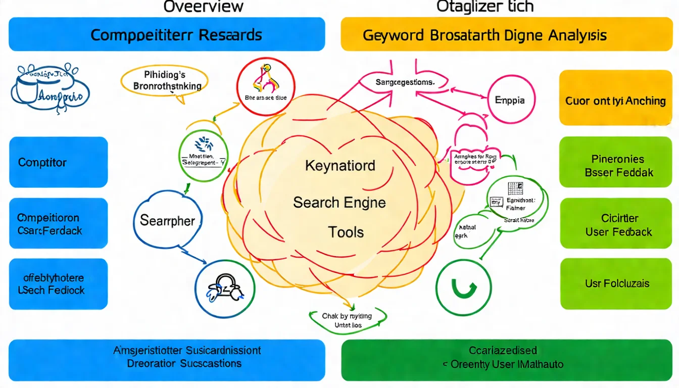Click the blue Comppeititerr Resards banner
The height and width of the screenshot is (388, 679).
pyautogui.click(x=167, y=34)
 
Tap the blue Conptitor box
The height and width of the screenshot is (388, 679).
pyautogui.click(x=58, y=162)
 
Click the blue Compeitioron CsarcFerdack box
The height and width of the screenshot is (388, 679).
pyautogui.click(x=58, y=224)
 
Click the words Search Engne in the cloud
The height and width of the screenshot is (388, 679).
pyautogui.click(x=339, y=203)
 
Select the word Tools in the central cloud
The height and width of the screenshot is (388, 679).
pyautogui.click(x=346, y=232)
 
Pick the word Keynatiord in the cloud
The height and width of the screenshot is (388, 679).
pyautogui.click(x=340, y=165)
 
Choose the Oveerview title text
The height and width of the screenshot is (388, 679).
pyautogui.click(x=204, y=7)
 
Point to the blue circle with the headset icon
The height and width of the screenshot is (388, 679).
pyautogui.click(x=224, y=288)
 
